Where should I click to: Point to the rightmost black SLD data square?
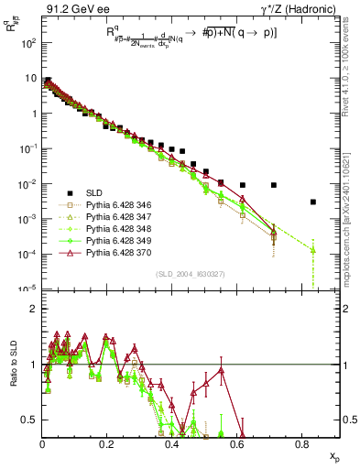coord(313,202)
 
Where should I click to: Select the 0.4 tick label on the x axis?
coord(172,444)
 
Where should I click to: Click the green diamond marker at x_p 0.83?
coord(313,249)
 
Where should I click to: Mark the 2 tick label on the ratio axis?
coord(34,309)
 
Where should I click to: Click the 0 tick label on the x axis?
coord(42,444)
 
